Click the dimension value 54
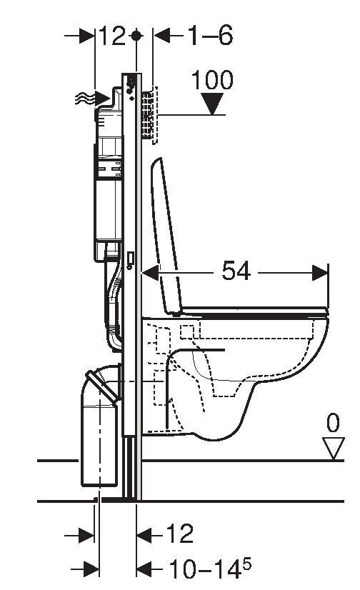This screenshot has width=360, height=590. click(x=236, y=271)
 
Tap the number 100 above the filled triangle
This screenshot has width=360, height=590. click(x=212, y=80)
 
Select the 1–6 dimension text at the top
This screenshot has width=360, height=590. click(x=210, y=36)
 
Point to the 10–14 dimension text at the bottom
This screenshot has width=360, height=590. click(x=204, y=568)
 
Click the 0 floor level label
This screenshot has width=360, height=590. click(x=333, y=423)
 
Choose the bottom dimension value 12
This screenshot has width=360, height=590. click(x=179, y=534)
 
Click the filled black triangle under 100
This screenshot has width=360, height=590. click(x=212, y=104)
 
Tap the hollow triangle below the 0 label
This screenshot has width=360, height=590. click(x=334, y=448)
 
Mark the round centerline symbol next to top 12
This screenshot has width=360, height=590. click(x=136, y=36)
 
